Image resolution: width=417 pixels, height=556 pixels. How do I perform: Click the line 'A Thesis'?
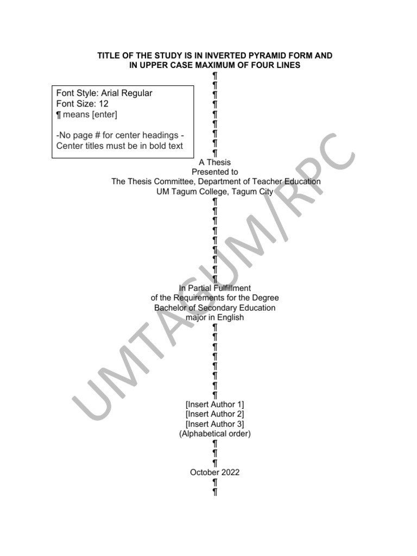point(215,162)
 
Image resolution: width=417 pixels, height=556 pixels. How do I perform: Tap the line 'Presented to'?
point(215,172)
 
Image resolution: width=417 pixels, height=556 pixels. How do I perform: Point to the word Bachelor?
point(170,308)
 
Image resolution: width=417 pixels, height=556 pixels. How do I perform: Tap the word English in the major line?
point(231,318)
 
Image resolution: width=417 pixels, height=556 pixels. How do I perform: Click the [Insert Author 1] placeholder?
point(215,404)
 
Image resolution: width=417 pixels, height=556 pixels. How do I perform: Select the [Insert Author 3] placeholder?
point(215,424)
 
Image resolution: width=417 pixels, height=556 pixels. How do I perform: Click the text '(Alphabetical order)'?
point(215,433)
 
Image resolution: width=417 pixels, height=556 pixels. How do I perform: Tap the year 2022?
point(230,472)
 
